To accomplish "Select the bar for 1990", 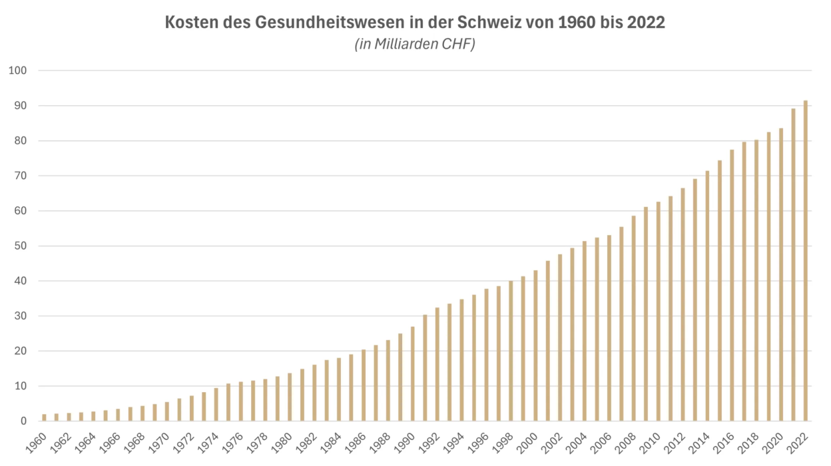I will pos(413,373).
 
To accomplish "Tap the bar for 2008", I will pos(634,318).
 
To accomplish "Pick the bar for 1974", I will pos(216,404).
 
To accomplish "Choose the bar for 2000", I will pos(535,346).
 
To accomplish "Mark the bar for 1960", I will pos(45,417).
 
